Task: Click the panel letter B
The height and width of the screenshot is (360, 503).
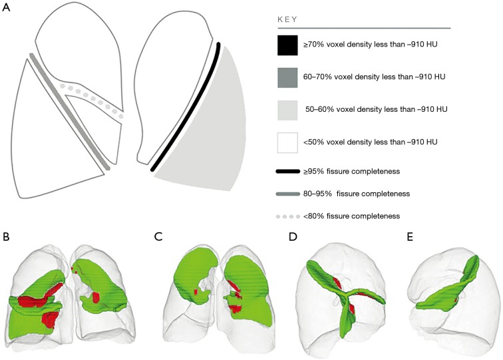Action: (x=6, y=236)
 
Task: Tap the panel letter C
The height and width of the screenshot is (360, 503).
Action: (x=157, y=236)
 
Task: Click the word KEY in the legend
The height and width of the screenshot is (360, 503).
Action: (x=288, y=20)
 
